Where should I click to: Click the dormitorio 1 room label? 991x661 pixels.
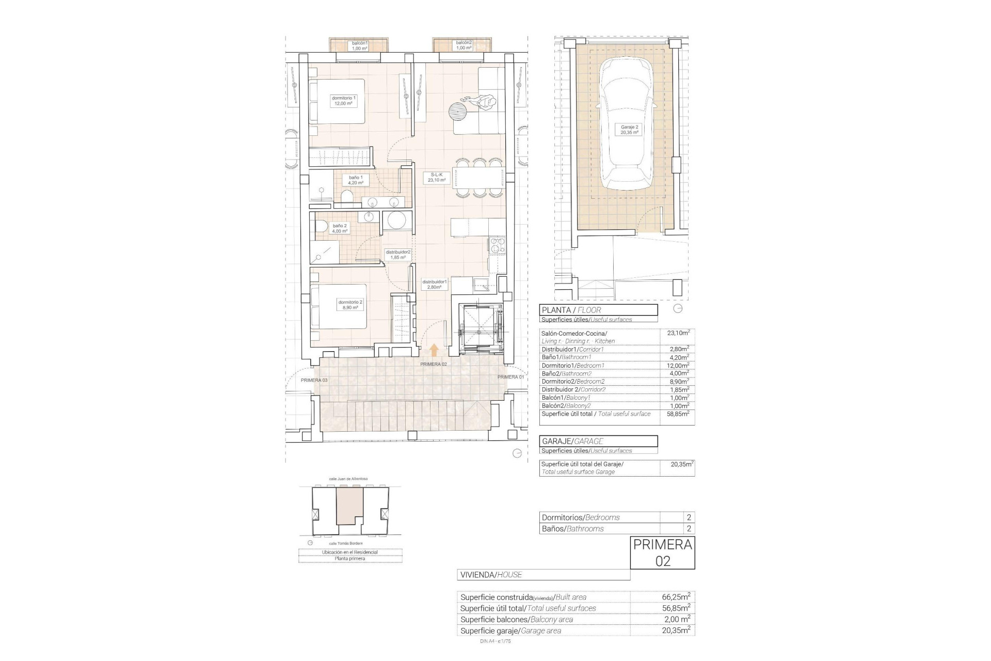click(343, 101)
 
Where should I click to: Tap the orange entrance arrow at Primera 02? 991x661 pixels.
click(434, 351)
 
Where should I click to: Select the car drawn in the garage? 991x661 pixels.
click(626, 124)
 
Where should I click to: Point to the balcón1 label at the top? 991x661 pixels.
click(360, 45)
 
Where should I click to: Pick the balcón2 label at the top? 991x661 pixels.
click(463, 45)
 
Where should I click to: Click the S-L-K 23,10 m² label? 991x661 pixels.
click(437, 178)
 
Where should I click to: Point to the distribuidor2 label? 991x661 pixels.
click(398, 255)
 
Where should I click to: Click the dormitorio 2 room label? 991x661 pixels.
click(350, 305)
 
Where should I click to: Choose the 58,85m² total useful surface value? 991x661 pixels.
click(678, 414)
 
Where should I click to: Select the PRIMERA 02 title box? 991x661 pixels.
click(662, 553)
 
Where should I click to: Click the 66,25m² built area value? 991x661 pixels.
click(676, 597)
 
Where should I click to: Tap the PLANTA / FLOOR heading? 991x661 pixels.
click(598, 310)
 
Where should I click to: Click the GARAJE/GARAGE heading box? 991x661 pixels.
click(598, 441)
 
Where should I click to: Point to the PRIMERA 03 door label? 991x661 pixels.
click(314, 380)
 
